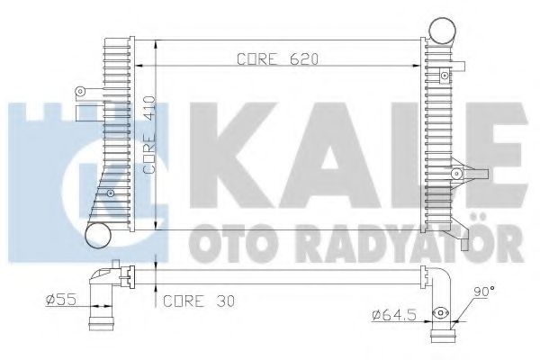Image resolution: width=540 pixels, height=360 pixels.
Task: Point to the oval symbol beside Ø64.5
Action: coord(441,314)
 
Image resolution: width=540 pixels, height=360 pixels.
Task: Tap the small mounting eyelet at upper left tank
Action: coord(81,91)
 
